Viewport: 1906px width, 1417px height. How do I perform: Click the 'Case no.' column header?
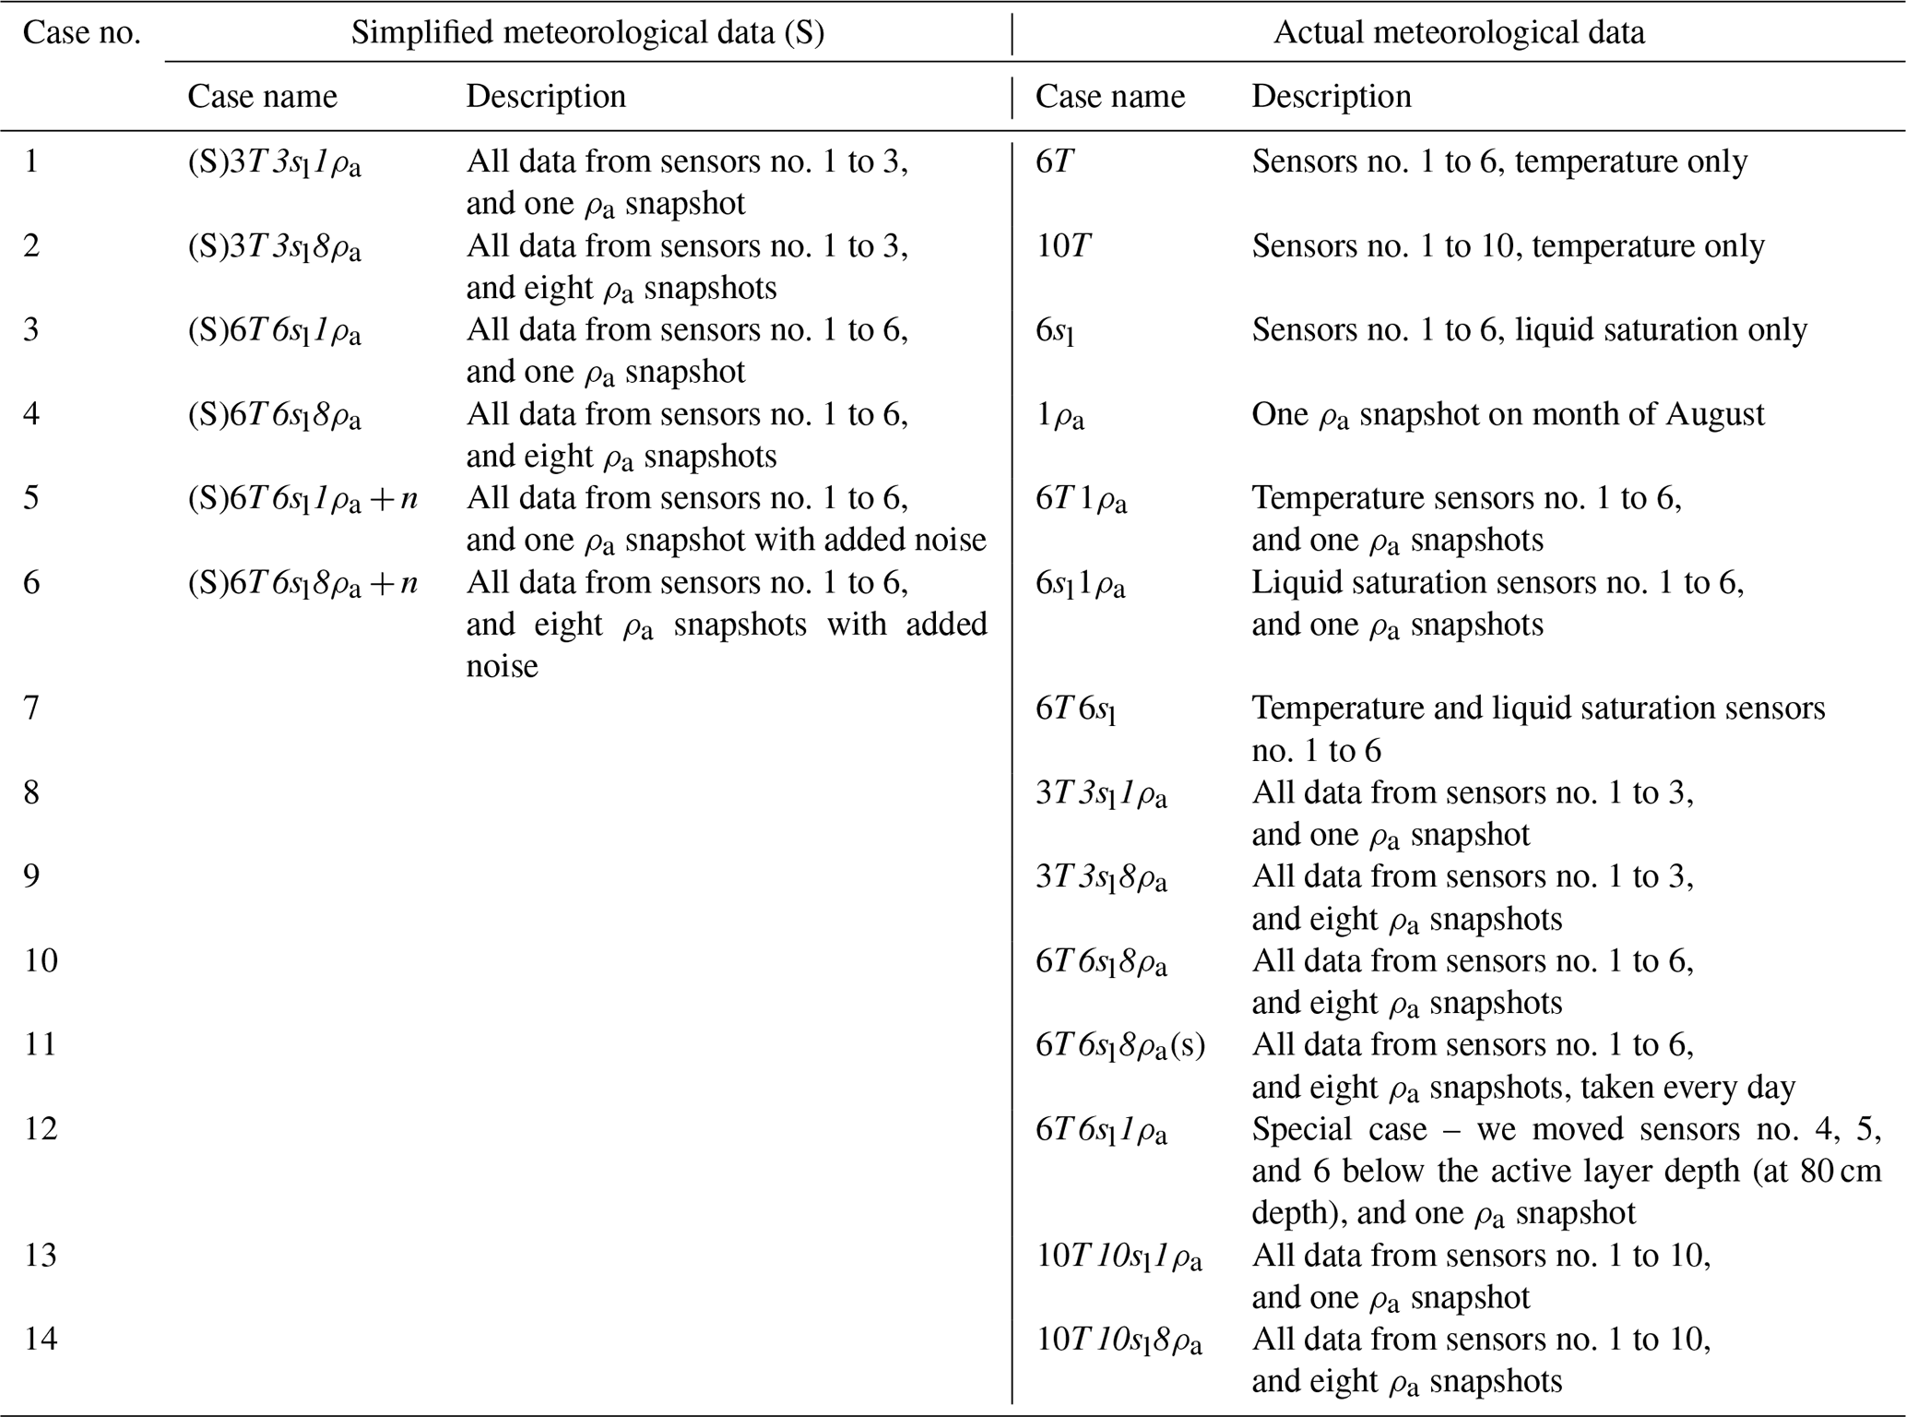pos(81,33)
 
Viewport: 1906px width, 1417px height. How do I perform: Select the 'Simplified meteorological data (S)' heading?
pos(587,33)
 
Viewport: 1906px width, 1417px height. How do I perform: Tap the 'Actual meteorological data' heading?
pos(1459,33)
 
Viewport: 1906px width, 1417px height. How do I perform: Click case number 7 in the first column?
pos(32,708)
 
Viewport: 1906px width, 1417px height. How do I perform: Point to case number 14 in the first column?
pos(41,1339)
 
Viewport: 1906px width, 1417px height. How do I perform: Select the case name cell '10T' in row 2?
pos(1063,246)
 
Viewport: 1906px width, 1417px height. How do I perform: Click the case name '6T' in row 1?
pos(1055,162)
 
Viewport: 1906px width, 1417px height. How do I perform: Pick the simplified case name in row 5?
pos(302,499)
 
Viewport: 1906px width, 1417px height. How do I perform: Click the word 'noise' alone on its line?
pos(502,666)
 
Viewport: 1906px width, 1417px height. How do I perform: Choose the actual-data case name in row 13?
pos(1119,1256)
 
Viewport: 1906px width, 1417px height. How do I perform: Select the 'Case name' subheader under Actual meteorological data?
pos(1109,97)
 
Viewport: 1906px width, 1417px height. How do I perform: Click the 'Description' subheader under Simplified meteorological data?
pos(546,97)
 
